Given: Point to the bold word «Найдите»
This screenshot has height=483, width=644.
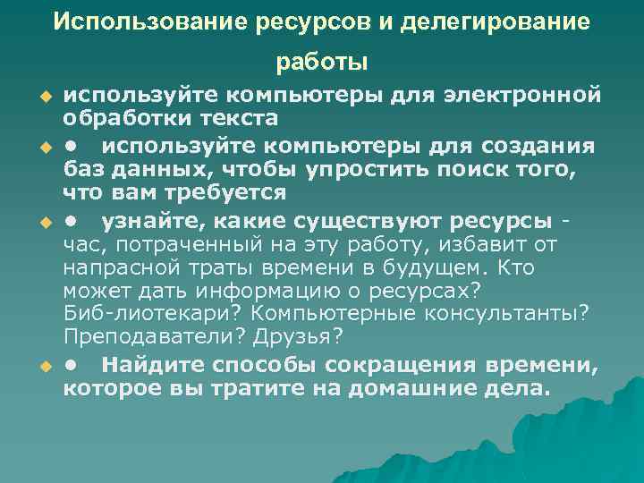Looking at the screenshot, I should tap(153, 365).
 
